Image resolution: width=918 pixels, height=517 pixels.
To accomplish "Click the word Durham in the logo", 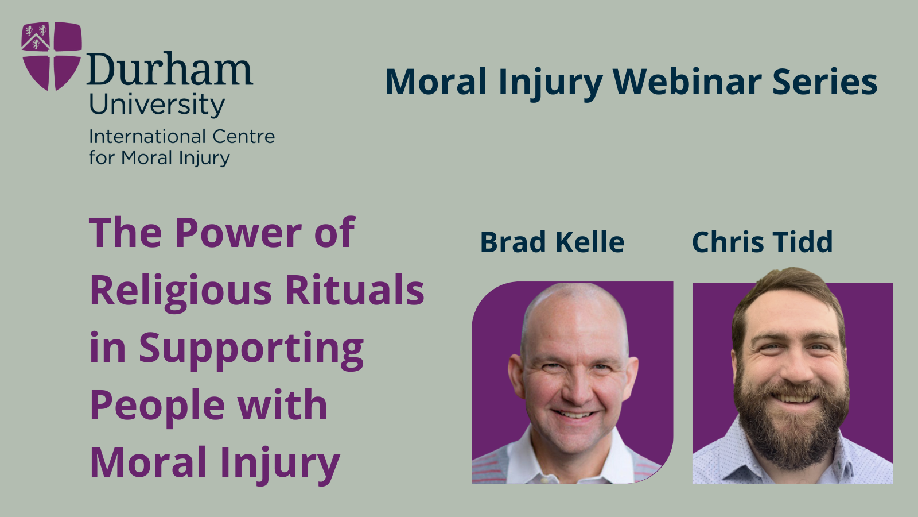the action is pos(170,68).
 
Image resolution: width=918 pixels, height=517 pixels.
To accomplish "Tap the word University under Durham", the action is pos(157,106).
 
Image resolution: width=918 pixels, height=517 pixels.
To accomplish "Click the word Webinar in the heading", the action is pos(687,82).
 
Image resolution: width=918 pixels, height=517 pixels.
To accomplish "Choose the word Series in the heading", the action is pos(824,82).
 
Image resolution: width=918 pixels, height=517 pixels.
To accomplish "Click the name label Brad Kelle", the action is pos(552,242).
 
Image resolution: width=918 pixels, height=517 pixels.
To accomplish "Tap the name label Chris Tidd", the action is pos(763,242).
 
